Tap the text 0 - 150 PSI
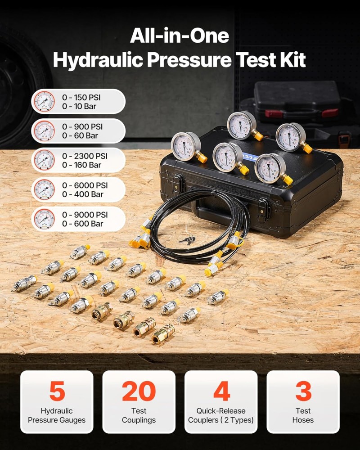(x=81, y=98)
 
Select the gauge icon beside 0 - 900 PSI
(x=44, y=131)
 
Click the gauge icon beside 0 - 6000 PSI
(x=44, y=190)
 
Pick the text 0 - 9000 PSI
(x=85, y=215)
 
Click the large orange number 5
(x=57, y=391)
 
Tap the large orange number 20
(x=139, y=391)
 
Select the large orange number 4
(x=222, y=391)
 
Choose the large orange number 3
(x=303, y=391)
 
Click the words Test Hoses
(x=303, y=415)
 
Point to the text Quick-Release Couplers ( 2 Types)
(x=221, y=415)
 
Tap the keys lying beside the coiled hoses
(x=188, y=239)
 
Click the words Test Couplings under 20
(x=139, y=415)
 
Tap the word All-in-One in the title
(x=180, y=36)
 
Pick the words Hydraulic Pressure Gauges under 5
(x=57, y=415)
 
